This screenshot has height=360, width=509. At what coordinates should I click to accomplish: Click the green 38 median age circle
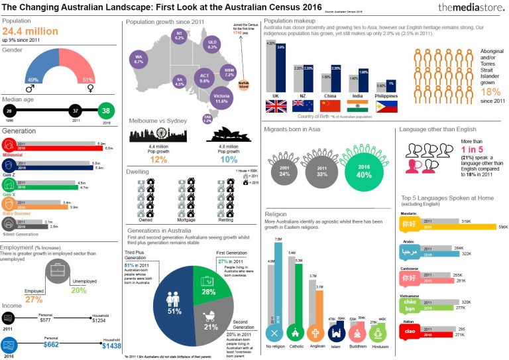click(107, 111)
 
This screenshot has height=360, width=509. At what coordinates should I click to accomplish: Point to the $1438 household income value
click(111, 346)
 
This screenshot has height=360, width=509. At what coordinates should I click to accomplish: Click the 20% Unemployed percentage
click(79, 290)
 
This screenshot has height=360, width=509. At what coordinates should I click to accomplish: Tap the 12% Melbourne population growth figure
click(158, 160)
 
